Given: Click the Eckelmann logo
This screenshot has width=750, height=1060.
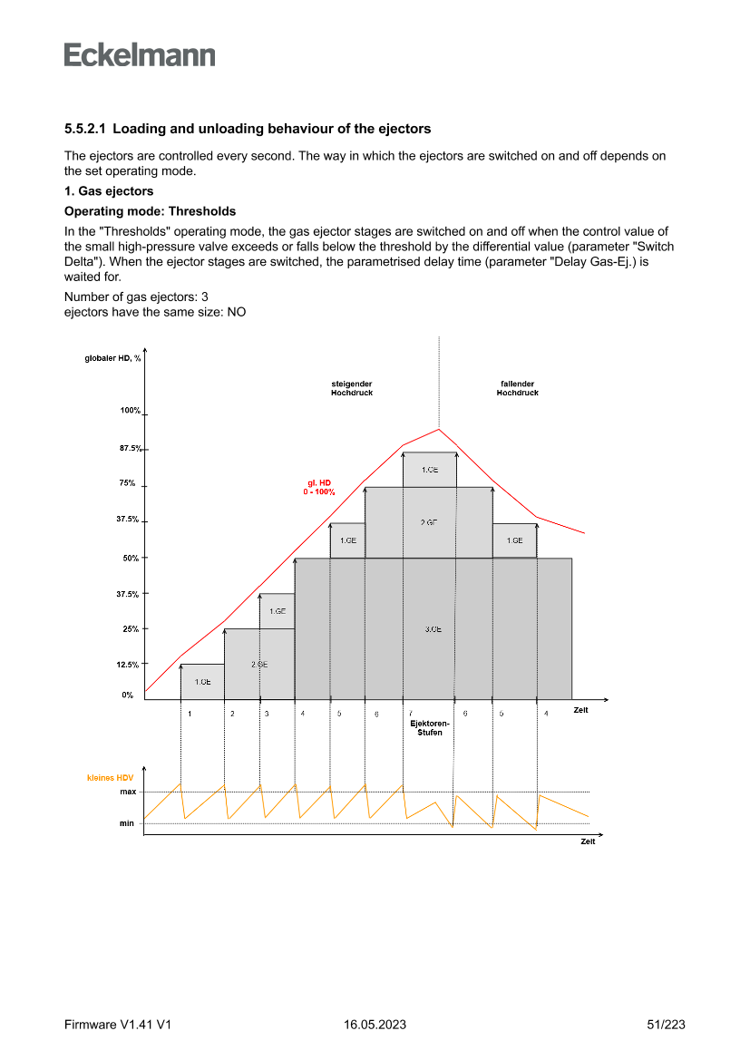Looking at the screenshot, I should (140, 55).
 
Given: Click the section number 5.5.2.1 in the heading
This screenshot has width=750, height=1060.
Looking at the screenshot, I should (85, 129).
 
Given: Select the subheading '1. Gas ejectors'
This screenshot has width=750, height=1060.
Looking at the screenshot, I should (109, 191).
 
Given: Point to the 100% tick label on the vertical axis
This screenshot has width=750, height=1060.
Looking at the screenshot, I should (130, 411).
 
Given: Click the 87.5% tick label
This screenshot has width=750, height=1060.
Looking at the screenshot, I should (130, 449).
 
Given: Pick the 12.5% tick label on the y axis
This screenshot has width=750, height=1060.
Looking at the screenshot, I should (127, 665).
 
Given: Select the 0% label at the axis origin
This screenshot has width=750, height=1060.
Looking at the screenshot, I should (128, 695).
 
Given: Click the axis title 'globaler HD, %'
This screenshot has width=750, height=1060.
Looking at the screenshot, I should (107, 358).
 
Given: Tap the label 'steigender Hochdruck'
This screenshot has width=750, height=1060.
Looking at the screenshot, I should (352, 388).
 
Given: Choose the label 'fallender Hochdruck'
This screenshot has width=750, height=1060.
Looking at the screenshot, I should (517, 388).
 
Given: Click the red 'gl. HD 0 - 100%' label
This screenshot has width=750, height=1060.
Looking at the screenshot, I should (318, 488).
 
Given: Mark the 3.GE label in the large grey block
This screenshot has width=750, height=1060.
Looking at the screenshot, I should (433, 629).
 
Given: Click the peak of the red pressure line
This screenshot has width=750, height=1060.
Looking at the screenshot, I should (439, 429).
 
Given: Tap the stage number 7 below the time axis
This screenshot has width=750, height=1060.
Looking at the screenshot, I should (411, 715).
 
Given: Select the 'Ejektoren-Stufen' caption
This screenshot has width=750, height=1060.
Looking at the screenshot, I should (429, 728).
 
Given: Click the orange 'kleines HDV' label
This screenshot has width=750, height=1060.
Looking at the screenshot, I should (110, 778).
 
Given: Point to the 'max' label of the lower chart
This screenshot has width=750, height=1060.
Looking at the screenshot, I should (128, 793).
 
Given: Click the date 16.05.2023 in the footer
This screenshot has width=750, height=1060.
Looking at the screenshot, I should (375, 1025).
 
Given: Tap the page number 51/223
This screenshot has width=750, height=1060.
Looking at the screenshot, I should (666, 1025).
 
